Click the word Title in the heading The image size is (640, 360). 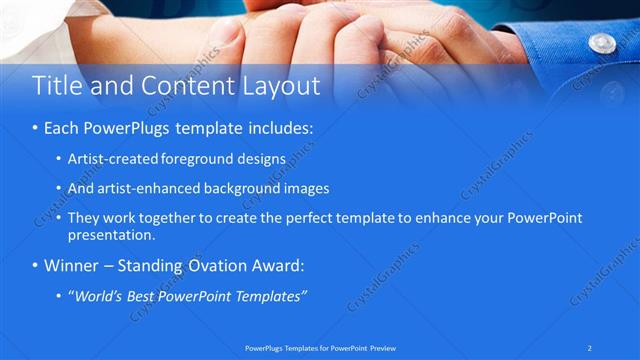(58, 87)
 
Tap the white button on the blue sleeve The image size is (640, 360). (602, 43)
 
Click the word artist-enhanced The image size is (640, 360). (141, 188)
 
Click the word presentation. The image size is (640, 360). (110, 236)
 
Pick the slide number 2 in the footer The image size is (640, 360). (590, 347)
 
